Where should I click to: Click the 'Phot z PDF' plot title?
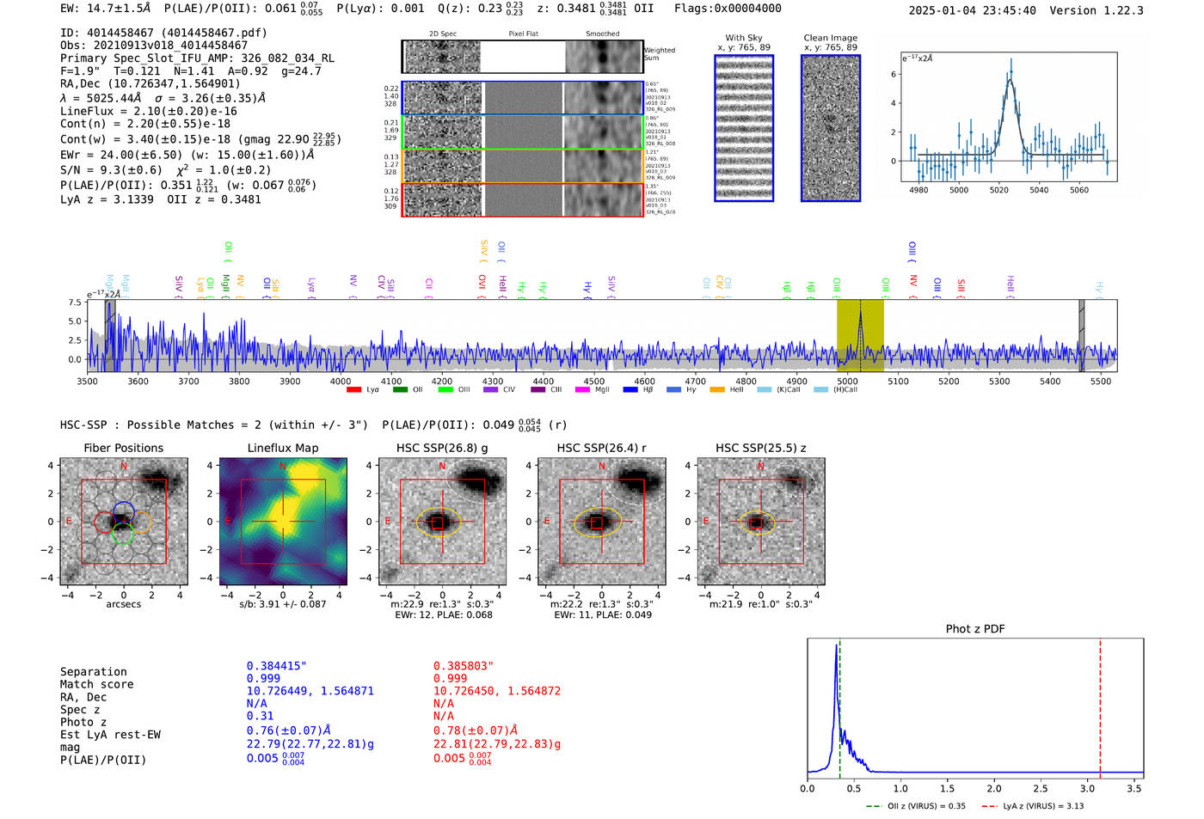click(975, 629)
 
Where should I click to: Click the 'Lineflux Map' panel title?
click(283, 448)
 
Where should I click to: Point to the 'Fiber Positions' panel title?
click(123, 448)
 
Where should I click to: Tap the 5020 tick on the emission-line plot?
click(998, 190)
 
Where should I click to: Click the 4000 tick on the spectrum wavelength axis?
click(341, 381)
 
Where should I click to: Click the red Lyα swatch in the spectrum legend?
click(353, 390)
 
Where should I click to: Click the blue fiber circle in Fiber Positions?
click(123, 510)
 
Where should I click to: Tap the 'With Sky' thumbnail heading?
click(744, 38)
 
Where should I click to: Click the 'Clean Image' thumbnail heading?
click(830, 38)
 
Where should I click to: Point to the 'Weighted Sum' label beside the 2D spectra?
click(659, 54)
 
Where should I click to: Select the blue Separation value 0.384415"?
click(276, 666)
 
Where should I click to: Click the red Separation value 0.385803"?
click(463, 666)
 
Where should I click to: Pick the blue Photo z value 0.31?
click(260, 716)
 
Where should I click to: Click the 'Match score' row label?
click(96, 685)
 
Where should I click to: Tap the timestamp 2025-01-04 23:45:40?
click(972, 10)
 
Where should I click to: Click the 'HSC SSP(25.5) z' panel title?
click(760, 448)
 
